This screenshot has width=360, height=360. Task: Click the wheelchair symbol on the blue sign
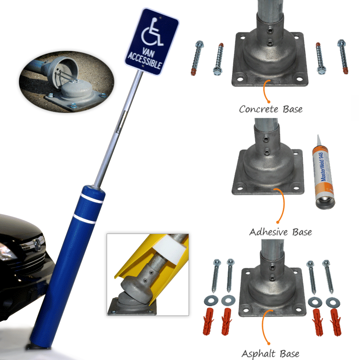pyautogui.click(x=152, y=32)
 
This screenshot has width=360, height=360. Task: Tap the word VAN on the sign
pyautogui.click(x=148, y=53)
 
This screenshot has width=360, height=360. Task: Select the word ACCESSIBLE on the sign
pyautogui.click(x=144, y=61)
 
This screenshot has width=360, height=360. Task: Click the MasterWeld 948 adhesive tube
pyautogui.click(x=324, y=173)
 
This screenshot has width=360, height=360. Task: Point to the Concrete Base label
pyautogui.click(x=271, y=109)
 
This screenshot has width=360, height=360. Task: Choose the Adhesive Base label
pyautogui.click(x=280, y=232)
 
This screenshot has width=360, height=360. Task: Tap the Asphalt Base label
pyautogui.click(x=270, y=354)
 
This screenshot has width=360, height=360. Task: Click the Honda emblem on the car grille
pyautogui.click(x=37, y=244)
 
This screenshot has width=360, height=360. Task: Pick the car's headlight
pyautogui.click(x=7, y=252)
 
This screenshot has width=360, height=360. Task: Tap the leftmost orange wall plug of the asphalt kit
pyautogui.click(x=208, y=321)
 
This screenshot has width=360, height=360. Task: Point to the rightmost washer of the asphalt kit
pyautogui.click(x=333, y=302)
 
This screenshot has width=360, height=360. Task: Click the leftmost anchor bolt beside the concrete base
pyautogui.click(x=197, y=58)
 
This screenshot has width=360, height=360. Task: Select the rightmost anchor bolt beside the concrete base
pyautogui.click(x=343, y=57)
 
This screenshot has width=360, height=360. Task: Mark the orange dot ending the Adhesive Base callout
pyautogui.click(x=278, y=222)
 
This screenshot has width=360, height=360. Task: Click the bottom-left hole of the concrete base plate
pyautogui.click(x=240, y=79)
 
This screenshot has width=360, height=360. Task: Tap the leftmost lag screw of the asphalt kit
pyautogui.click(x=216, y=276)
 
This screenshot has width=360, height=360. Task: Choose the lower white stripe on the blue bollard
pyautogui.click(x=85, y=219)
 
